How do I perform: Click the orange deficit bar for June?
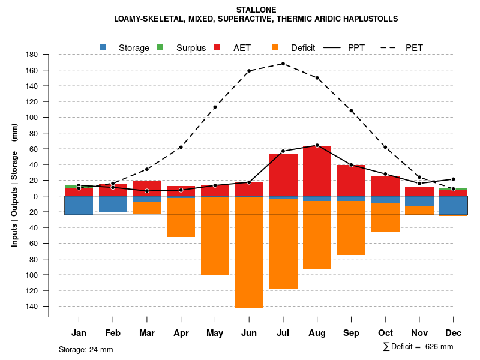coord(249,252)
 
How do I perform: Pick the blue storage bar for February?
coord(113,204)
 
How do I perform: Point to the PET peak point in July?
coord(283,64)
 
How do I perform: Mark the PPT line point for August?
coord(317,145)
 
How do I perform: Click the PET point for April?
coord(181,147)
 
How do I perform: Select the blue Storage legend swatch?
coord(103,47)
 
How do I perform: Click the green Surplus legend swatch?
coord(160,47)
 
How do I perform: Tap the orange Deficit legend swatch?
coord(275,47)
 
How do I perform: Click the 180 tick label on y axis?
coord(32,55)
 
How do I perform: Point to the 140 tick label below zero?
coord(32,307)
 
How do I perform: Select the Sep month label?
coord(351,333)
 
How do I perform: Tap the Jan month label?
coord(79,333)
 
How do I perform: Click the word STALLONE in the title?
coord(256,10)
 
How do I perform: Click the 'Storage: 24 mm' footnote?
coord(86,349)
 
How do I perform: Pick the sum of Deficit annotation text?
coord(418,347)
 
